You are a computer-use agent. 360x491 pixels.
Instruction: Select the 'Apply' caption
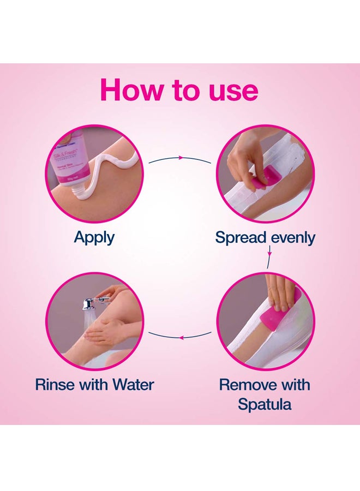coord(94,237)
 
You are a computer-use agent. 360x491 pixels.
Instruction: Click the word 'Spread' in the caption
coord(241,238)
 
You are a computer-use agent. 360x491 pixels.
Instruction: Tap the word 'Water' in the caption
coord(133,384)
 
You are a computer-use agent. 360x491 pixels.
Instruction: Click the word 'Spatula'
coord(264,405)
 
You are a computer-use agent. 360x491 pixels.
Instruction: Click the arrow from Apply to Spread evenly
coord(179,158)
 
